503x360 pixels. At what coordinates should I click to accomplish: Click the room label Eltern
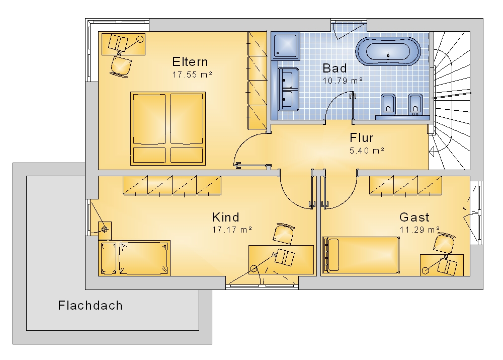tap(190, 61)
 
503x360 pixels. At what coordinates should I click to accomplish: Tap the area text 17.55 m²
tap(192, 75)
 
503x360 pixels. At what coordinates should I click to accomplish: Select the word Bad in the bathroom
tap(334, 68)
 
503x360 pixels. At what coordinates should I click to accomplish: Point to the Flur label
tap(361, 138)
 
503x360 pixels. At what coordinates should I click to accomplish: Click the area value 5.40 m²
tap(367, 151)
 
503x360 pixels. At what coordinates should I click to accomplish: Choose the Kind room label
tap(225, 218)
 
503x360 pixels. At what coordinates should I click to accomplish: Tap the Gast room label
tap(414, 218)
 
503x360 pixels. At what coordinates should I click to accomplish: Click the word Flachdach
tap(90, 306)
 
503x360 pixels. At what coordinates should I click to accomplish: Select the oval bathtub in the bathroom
tap(388, 52)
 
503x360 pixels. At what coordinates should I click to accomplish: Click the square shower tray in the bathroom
tap(285, 45)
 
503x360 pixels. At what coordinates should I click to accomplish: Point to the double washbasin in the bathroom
tap(288, 89)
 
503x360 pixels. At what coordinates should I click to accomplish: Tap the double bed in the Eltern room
tap(168, 128)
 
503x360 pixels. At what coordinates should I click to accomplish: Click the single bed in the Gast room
tap(361, 255)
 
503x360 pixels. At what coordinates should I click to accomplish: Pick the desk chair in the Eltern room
tap(121, 66)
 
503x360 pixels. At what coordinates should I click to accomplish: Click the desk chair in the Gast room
tap(444, 244)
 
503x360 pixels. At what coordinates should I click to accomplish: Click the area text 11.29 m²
tap(420, 230)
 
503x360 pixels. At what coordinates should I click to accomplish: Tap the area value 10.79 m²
tap(343, 81)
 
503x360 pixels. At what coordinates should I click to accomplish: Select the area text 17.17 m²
tap(232, 230)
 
